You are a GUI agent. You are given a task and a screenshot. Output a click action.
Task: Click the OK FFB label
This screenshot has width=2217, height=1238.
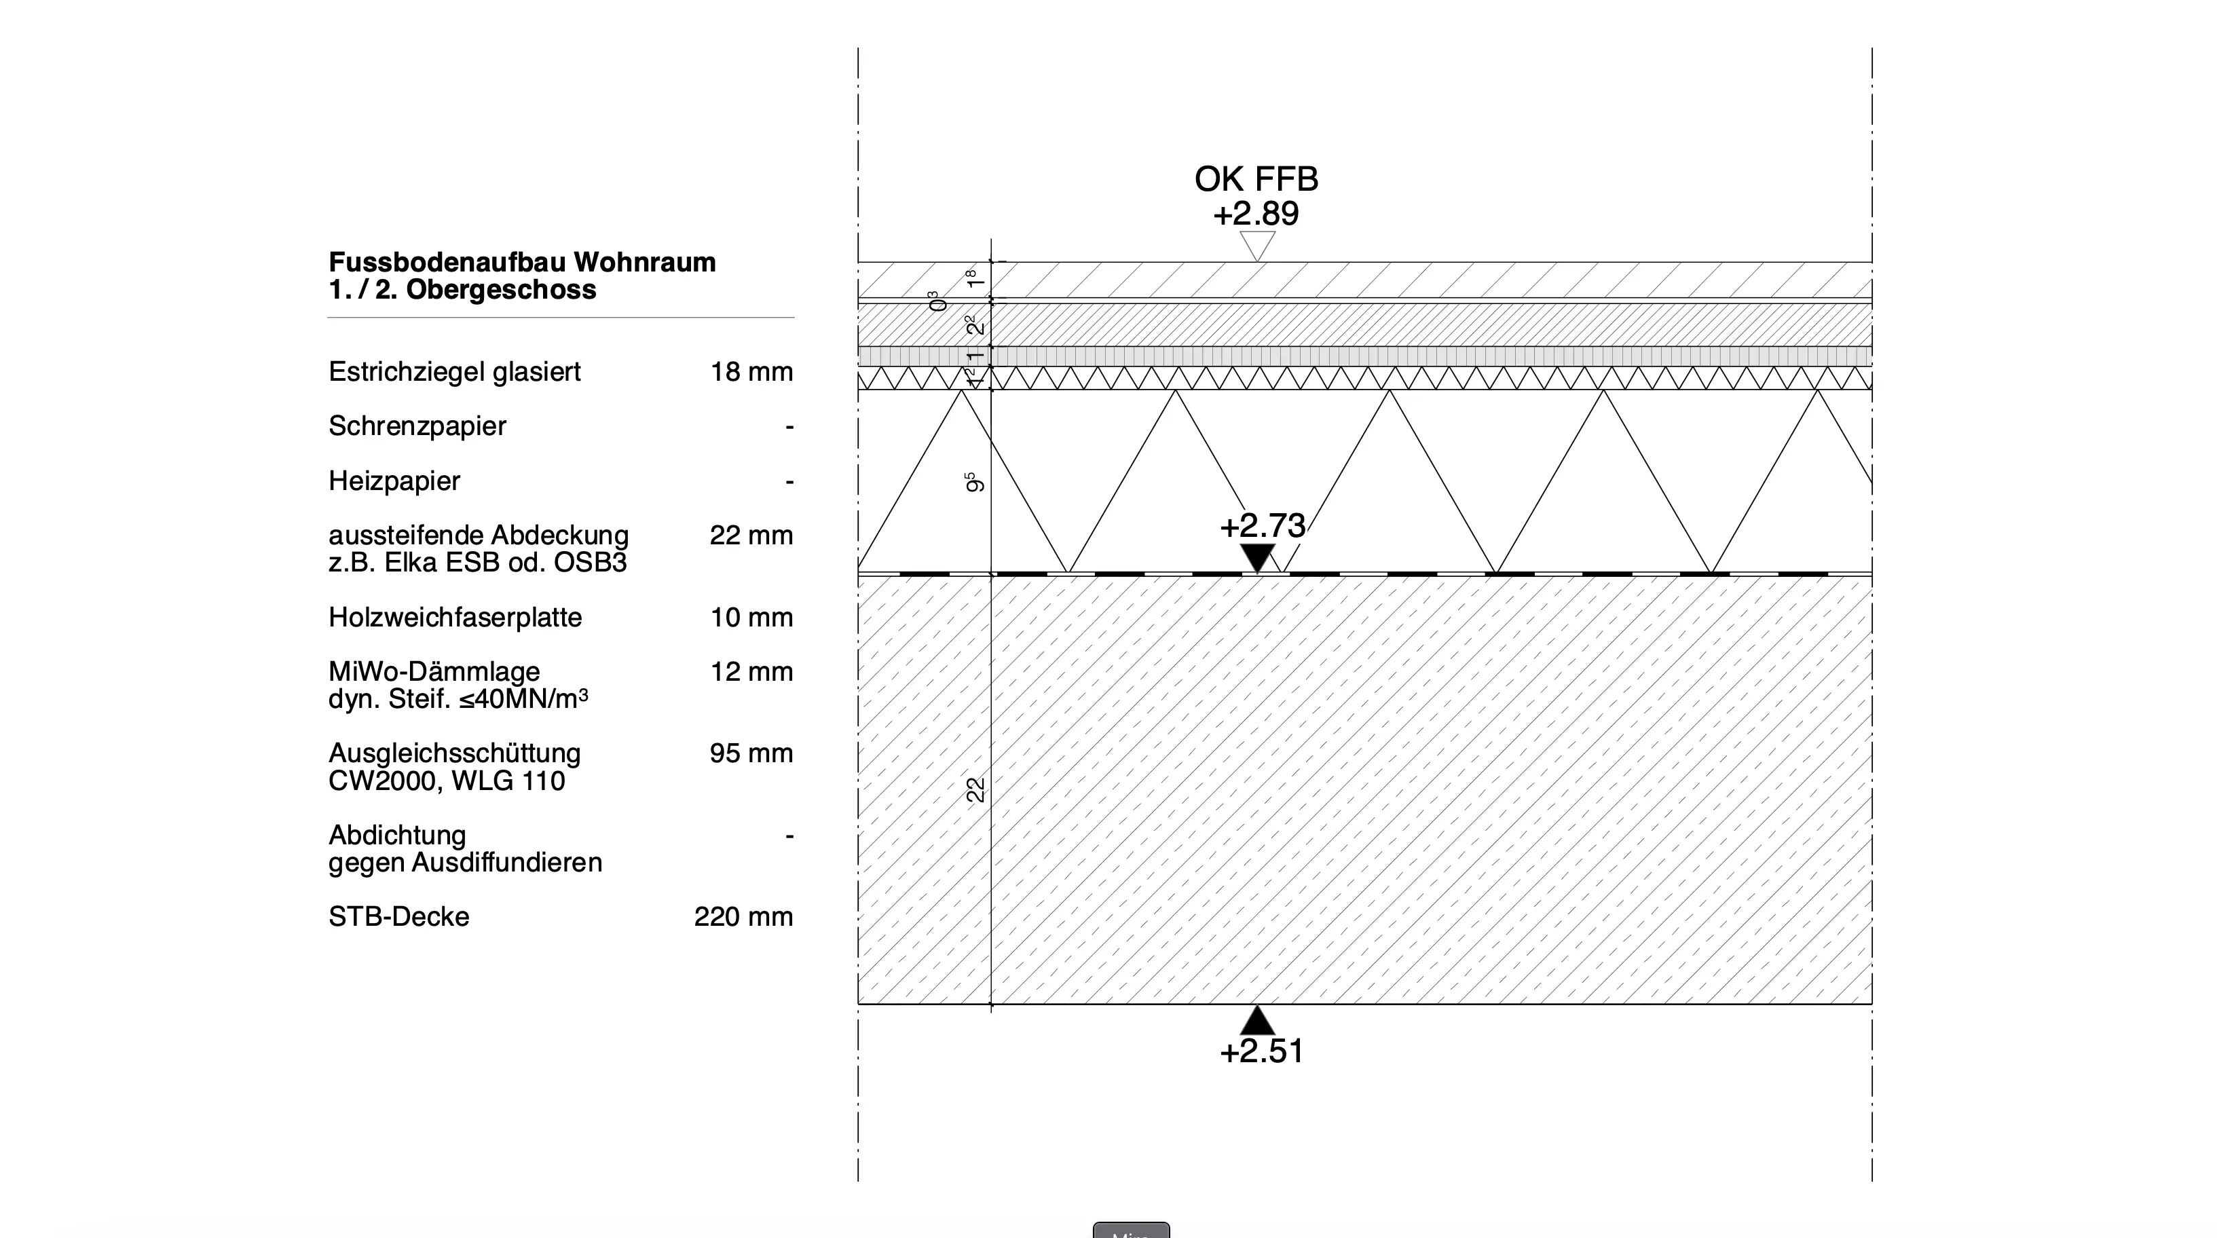pos(1256,179)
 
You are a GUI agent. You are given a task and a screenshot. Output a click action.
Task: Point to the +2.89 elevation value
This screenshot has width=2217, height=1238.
pos(1256,213)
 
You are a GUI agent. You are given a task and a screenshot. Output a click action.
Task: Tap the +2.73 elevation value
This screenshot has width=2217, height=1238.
pos(1262,525)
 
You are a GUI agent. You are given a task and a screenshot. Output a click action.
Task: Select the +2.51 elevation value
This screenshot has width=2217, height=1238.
pos(1262,1051)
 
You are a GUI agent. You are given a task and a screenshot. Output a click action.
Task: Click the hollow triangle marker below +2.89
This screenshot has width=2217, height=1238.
pos(1257,244)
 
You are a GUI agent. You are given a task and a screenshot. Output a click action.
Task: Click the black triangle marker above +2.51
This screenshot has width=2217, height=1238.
pos(1257,1021)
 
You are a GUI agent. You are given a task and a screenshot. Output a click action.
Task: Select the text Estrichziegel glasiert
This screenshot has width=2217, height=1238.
pos(454,372)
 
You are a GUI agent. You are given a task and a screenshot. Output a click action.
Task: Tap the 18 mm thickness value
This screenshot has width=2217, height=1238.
pos(751,372)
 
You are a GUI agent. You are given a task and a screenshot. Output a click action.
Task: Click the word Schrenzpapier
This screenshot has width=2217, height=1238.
pos(417,426)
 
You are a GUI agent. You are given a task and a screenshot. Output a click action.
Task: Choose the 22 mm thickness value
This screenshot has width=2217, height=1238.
pos(751,535)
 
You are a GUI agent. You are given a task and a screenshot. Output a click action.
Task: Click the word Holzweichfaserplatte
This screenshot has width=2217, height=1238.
pos(455,618)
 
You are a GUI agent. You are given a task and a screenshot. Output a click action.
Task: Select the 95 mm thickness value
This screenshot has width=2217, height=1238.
pos(751,753)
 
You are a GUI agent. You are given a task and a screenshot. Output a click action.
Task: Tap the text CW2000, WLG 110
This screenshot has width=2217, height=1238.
pos(447,781)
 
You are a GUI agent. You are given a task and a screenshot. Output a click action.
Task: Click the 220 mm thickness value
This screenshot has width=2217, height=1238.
pos(743,917)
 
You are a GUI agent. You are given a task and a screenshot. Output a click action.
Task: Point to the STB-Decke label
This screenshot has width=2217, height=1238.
pos(398,917)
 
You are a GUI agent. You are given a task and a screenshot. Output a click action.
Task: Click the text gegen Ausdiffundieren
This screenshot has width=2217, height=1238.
pos(465,863)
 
